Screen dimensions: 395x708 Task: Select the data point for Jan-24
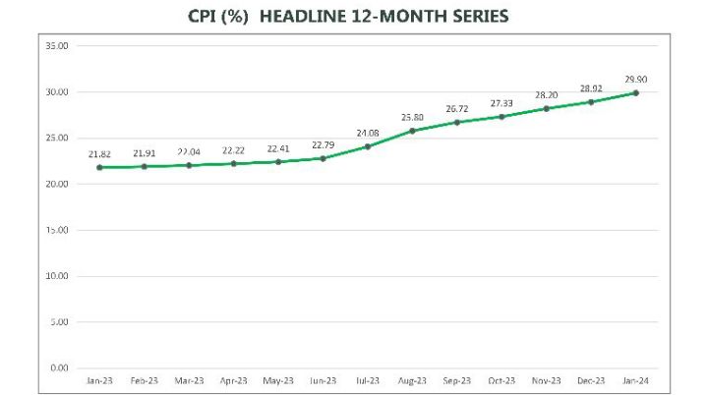click(636, 92)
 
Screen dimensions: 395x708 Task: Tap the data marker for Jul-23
click(368, 146)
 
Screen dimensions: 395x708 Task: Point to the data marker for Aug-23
click(412, 131)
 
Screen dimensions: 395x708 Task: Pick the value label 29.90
click(634, 79)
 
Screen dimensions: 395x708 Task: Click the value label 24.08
click(367, 133)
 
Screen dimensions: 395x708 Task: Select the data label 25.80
click(411, 117)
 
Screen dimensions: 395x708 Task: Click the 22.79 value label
click(323, 144)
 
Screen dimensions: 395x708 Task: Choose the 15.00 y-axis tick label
click(56, 230)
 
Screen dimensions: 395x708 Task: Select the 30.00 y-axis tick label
click(56, 92)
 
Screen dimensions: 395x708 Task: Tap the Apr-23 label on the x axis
click(234, 381)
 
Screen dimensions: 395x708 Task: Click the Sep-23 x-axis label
click(456, 381)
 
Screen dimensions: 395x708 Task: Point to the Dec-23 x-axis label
click(590, 381)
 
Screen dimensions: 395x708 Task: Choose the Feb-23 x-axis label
click(145, 381)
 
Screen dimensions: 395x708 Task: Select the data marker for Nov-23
click(546, 108)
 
